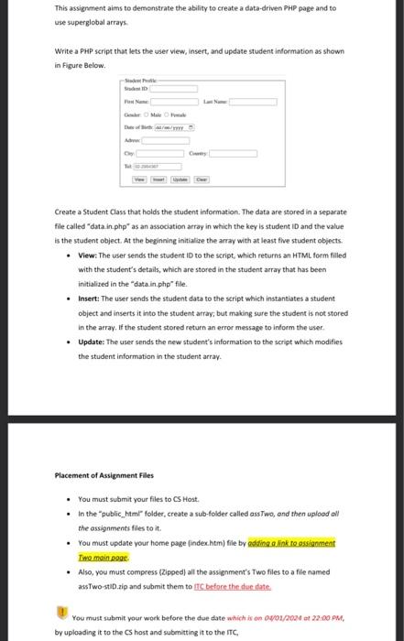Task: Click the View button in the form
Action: (140, 179)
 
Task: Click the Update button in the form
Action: (180, 179)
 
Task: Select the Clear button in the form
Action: (202, 179)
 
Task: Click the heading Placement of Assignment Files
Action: (103, 475)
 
